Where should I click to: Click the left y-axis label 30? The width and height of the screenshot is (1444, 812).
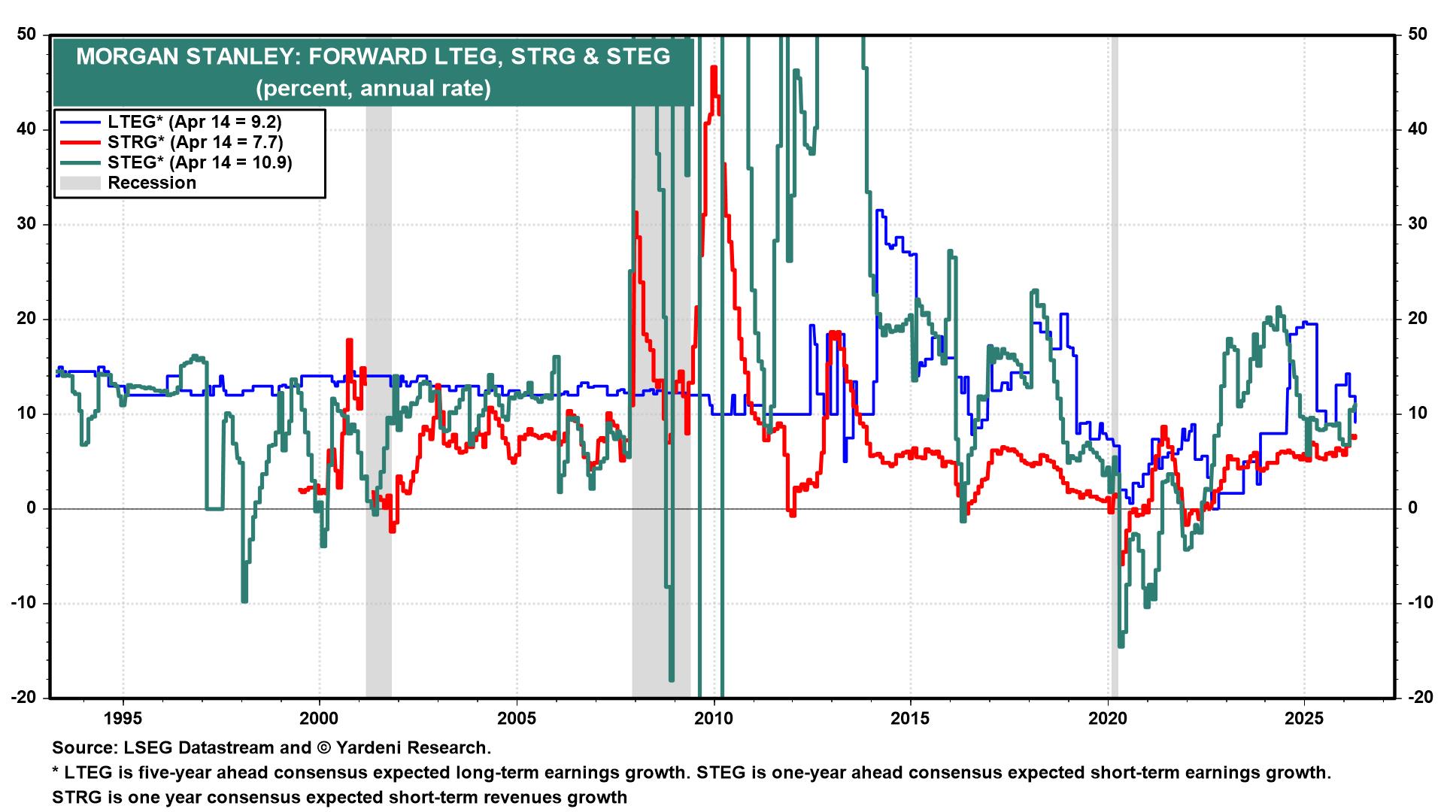pos(27,224)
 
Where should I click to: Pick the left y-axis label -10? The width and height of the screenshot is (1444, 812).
pos(24,603)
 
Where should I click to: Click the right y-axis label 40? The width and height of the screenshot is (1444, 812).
pos(1417,129)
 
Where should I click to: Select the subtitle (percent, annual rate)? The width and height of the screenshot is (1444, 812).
pos(373,89)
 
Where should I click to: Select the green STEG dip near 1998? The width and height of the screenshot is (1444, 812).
pos(244,599)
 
